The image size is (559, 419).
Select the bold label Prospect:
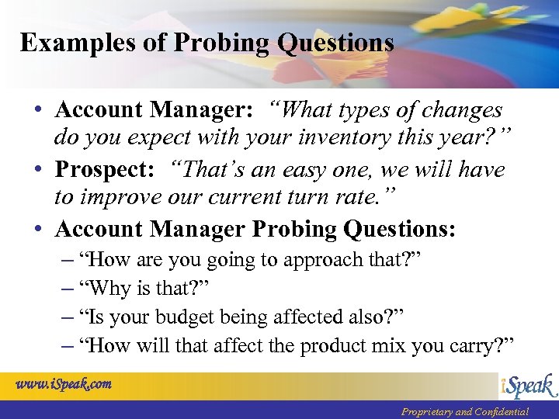104,170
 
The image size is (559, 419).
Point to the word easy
334,170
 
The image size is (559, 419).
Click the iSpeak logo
527,386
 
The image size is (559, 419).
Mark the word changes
458,110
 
